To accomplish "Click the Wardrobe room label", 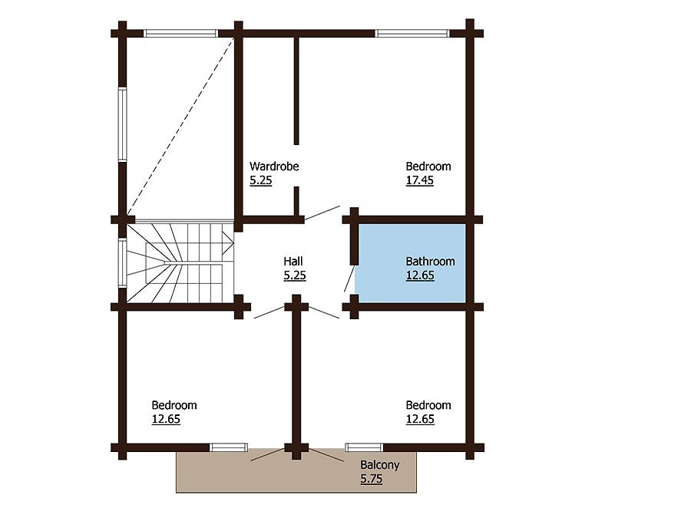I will (x=274, y=167).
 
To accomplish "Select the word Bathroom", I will (x=430, y=262).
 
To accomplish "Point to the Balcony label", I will (x=379, y=465).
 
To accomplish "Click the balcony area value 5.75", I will (x=371, y=479).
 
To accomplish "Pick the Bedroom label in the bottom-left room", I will (x=174, y=405).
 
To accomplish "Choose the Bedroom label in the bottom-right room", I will (x=428, y=405).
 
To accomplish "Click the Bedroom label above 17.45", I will (x=428, y=167).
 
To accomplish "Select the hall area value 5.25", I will (x=295, y=275).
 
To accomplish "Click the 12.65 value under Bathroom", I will (x=419, y=275).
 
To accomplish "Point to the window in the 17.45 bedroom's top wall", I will (x=412, y=33).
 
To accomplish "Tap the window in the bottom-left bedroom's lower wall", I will (x=229, y=447).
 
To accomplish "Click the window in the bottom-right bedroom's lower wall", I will (x=364, y=447).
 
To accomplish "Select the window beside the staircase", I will (x=122, y=262).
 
